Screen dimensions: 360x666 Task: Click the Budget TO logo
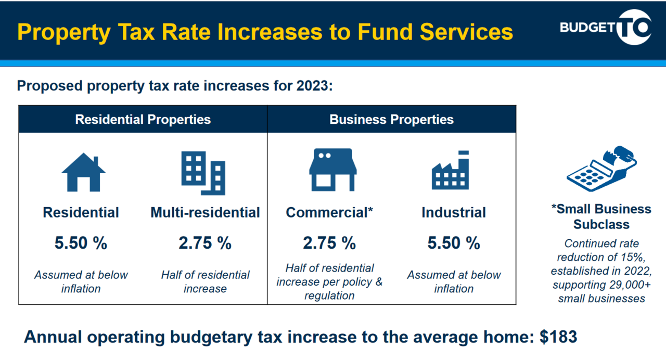click(605, 28)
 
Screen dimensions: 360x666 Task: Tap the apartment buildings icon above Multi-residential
click(203, 173)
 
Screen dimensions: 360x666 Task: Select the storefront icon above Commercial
click(332, 170)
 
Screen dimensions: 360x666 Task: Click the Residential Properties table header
click(143, 120)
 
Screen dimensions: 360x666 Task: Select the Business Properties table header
click(391, 120)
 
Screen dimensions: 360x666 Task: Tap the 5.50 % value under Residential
click(81, 243)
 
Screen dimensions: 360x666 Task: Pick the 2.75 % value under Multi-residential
click(205, 243)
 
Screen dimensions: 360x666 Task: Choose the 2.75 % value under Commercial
click(329, 243)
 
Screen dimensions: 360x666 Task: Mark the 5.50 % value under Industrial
click(454, 243)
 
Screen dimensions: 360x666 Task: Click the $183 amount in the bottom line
click(558, 337)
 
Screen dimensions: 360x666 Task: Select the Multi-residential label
click(205, 212)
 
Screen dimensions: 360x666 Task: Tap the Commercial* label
click(329, 212)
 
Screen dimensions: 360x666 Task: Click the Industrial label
click(454, 212)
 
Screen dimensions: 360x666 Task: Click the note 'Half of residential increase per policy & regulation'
click(329, 281)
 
